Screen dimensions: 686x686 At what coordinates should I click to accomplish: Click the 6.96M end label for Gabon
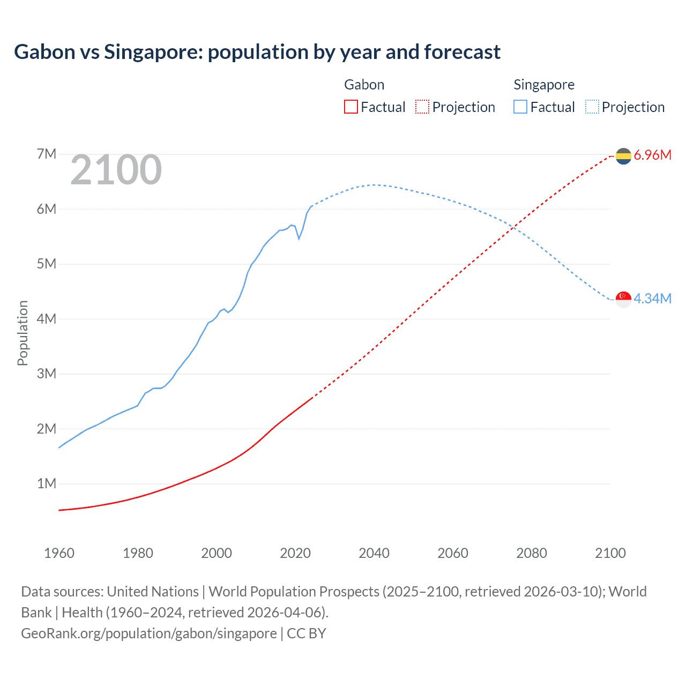(x=652, y=155)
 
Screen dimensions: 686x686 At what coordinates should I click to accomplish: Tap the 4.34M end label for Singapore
(x=652, y=299)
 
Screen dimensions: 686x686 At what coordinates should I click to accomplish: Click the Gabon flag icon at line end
(x=623, y=156)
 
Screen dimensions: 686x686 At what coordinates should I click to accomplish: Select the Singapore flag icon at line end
(x=623, y=299)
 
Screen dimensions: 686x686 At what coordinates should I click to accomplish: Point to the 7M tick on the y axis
(x=47, y=154)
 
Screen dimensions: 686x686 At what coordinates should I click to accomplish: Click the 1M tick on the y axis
(x=47, y=484)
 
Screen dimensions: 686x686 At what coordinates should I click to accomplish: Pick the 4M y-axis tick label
(x=47, y=319)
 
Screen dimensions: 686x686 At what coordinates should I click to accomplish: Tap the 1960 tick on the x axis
(x=59, y=553)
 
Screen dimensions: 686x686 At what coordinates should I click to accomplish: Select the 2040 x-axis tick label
(x=374, y=553)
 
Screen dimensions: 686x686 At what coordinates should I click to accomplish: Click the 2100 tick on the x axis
(x=610, y=553)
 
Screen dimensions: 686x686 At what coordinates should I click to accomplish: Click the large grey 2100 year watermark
(x=116, y=170)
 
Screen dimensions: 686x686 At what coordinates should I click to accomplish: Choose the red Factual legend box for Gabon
(x=351, y=107)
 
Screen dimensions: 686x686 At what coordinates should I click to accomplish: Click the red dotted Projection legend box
(x=422, y=107)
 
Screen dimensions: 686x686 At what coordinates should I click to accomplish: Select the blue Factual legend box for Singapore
(x=520, y=107)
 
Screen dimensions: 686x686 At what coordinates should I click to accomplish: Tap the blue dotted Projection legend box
(x=592, y=107)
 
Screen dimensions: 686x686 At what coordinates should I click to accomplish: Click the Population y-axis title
(x=23, y=333)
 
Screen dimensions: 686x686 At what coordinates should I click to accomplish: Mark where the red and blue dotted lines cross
(x=513, y=228)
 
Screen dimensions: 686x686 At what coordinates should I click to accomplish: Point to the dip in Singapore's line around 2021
(x=299, y=238)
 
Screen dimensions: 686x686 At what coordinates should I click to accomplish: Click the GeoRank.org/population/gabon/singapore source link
(x=149, y=633)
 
